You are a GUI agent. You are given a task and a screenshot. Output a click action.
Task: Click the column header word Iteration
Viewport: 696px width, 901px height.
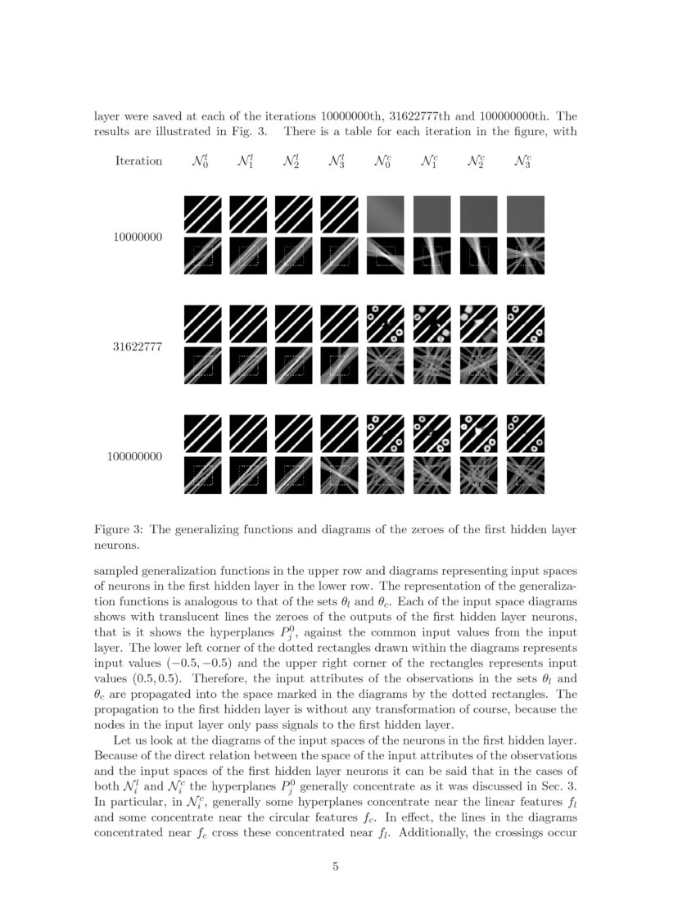(x=138, y=161)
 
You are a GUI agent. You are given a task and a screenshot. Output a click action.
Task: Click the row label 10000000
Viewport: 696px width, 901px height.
(x=138, y=238)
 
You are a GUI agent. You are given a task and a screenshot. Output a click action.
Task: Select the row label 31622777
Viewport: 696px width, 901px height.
(x=138, y=347)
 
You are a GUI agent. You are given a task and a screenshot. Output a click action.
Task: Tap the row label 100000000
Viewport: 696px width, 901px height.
(x=135, y=456)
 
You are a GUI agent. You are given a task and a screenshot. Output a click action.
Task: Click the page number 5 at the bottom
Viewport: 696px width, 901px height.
(x=336, y=868)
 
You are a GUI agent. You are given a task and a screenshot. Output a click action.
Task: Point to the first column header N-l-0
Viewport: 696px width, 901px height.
(x=199, y=161)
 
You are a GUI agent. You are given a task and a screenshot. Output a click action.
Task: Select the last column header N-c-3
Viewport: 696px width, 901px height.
(x=522, y=161)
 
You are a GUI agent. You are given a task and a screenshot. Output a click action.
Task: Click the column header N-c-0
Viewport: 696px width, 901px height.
(x=383, y=161)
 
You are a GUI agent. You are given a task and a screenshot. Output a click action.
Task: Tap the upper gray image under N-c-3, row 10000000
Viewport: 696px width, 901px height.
(x=526, y=213)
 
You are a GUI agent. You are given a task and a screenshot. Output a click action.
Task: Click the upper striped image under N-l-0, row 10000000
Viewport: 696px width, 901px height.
(x=202, y=213)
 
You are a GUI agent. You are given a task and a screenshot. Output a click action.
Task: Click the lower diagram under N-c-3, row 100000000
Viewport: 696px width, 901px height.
(x=526, y=474)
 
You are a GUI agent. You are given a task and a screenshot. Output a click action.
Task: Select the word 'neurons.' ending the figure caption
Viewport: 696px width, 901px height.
(x=118, y=545)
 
